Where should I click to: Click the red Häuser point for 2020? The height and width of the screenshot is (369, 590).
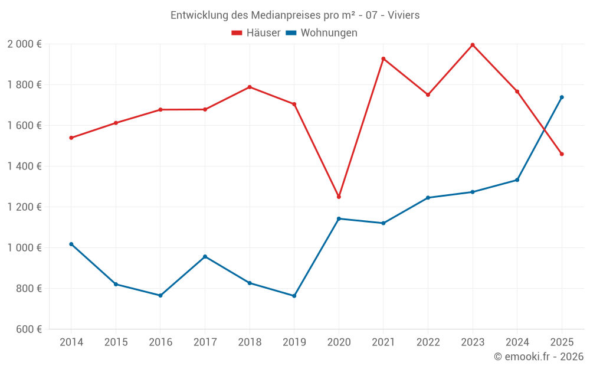coord(339,197)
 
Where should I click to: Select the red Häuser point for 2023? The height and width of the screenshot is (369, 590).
coord(473,45)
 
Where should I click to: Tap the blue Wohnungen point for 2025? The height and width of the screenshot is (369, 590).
coord(562,97)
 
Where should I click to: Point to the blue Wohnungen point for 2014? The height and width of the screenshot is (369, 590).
coord(71,244)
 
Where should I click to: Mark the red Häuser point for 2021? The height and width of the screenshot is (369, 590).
coord(383,58)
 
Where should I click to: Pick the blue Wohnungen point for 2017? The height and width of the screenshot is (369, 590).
coord(205,257)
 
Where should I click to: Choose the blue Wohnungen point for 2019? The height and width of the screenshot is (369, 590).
coord(294,296)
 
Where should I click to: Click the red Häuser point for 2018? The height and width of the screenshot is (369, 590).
coord(250,87)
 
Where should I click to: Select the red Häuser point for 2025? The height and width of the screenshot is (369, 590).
coord(562,154)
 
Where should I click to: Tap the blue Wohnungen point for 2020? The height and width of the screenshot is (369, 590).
coord(339,218)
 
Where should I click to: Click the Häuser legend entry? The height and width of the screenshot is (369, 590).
coord(256,33)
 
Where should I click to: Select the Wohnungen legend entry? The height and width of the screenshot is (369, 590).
coord(322,33)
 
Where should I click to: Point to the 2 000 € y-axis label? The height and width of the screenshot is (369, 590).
coord(24,44)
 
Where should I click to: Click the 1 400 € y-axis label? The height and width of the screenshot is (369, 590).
coord(24,166)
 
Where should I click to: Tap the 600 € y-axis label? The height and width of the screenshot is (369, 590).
coord(28,329)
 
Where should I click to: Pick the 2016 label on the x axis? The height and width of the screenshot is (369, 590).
coord(160,342)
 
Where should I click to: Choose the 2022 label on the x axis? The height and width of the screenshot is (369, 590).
coord(428,342)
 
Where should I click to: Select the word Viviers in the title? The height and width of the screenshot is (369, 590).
coord(404,15)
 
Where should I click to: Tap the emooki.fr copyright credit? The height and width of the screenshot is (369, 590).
coord(538,357)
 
